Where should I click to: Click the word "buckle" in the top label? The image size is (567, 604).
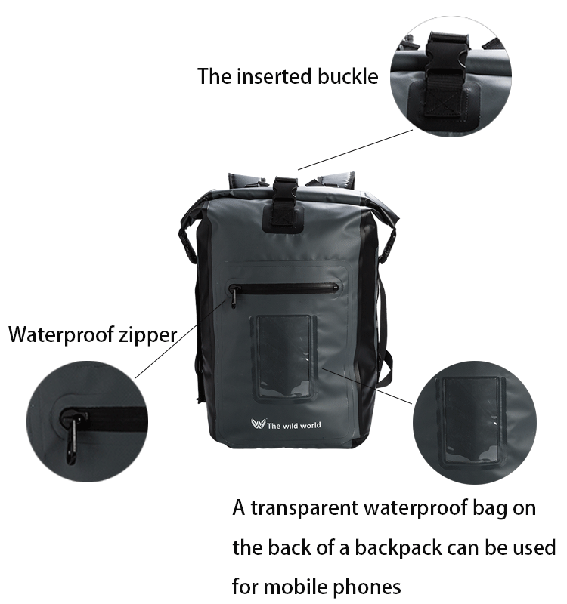click(344, 76)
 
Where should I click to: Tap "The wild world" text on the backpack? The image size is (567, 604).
click(294, 426)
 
